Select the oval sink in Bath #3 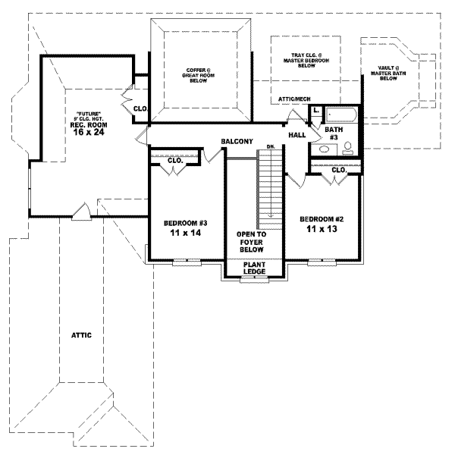pyautogui.click(x=325, y=149)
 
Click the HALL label pyautogui.click(x=297, y=134)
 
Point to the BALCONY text pyautogui.click(x=237, y=142)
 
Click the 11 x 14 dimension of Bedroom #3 pyautogui.click(x=185, y=234)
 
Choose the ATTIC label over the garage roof pyautogui.click(x=82, y=334)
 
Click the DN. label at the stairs pyautogui.click(x=269, y=146)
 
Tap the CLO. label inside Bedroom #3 pyautogui.click(x=175, y=161)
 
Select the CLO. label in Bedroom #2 pyautogui.click(x=338, y=171)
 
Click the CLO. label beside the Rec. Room pyautogui.click(x=140, y=108)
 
